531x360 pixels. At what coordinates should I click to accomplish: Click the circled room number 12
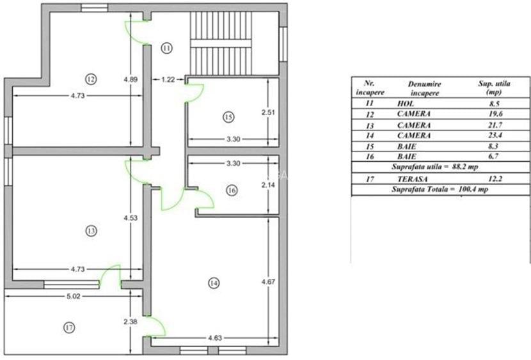point(90,79)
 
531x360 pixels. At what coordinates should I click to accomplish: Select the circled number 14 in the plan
point(212,282)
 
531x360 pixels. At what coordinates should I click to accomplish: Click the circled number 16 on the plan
point(232,190)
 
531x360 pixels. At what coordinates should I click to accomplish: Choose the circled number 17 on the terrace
point(69,327)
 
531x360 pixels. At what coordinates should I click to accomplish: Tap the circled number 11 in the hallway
point(166,48)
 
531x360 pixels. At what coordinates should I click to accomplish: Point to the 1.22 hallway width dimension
point(168,79)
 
